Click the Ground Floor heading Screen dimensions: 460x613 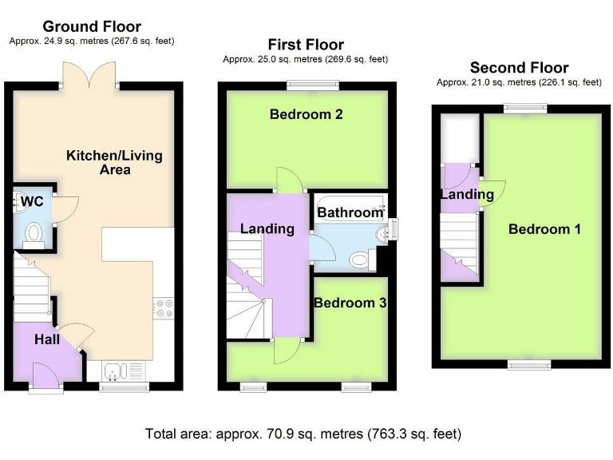pos(91,26)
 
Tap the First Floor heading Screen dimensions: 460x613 pos(306,45)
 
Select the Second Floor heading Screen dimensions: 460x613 pos(519,67)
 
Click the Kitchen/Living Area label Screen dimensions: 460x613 pos(115,162)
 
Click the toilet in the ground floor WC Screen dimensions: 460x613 pos(34,232)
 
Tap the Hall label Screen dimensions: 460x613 pos(47,339)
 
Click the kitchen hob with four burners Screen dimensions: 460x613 pos(164,307)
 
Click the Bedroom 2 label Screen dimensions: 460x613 pos(306,114)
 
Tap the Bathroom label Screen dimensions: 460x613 pos(350,212)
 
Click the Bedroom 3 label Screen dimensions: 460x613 pos(350,303)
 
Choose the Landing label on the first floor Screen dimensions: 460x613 pos(267,229)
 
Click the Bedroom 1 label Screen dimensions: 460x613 pos(544,229)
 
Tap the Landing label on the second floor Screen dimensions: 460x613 pos(467,194)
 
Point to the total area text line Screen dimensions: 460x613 pos(303,434)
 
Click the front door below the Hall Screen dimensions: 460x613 pos(46,375)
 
